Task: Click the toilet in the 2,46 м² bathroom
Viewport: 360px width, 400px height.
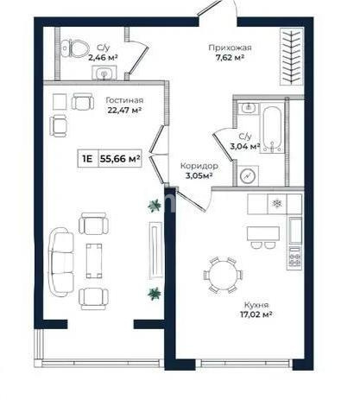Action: point(76,48)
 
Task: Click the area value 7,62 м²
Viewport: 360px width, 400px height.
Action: point(228,61)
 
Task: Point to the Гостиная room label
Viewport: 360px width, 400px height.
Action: point(124,99)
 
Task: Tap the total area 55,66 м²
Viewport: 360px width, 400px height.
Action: point(120,159)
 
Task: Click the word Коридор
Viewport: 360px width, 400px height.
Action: point(199,165)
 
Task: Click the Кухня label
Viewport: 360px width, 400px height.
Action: point(256,305)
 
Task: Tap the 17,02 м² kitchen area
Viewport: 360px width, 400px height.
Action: point(256,316)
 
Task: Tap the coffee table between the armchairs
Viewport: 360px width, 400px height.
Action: point(95,257)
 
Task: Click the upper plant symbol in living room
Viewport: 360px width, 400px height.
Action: point(154,205)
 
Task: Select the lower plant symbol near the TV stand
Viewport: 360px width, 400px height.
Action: point(154,294)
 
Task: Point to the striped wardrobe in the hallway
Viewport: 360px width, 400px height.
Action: point(291,57)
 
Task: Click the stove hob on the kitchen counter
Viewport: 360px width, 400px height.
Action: point(294,256)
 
